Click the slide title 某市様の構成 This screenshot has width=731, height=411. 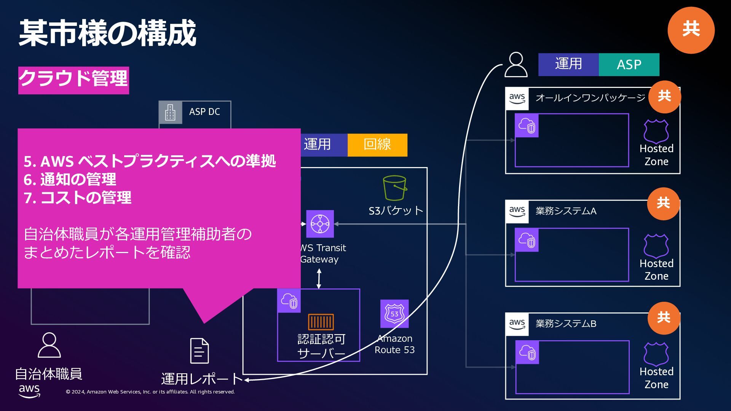tap(107, 33)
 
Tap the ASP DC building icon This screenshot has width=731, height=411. tap(170, 112)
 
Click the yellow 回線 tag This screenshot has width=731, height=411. tap(377, 145)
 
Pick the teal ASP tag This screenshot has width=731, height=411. tap(629, 65)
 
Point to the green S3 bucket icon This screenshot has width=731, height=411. tap(395, 188)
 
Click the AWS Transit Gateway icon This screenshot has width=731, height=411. tap(320, 224)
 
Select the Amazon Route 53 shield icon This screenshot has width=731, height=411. tap(394, 314)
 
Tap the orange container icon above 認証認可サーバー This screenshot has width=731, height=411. tap(321, 322)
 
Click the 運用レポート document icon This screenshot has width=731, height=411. tap(200, 350)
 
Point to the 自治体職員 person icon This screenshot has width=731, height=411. tap(49, 345)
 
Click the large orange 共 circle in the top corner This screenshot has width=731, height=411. tap(691, 30)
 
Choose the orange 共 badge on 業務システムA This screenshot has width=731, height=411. tap(663, 204)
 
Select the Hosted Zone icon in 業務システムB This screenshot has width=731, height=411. tap(656, 354)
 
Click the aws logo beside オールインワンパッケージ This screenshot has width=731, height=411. tap(517, 99)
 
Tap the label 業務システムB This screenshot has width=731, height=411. tap(566, 324)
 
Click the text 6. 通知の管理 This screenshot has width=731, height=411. tap(70, 180)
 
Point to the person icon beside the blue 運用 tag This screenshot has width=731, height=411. tap(516, 65)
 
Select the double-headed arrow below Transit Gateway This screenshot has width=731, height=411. tap(319, 279)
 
